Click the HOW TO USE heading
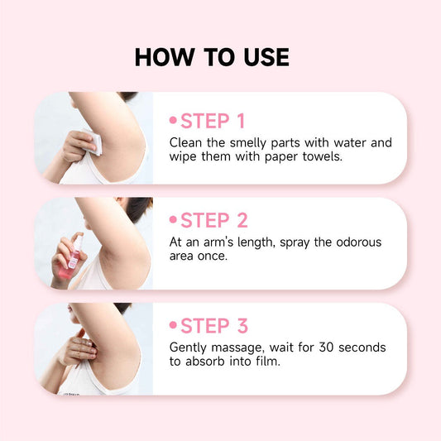click(x=212, y=57)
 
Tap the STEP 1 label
click(x=213, y=121)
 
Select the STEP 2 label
click(x=213, y=220)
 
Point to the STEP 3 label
click(x=213, y=325)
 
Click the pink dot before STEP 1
click(x=174, y=122)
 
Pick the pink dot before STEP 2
click(x=174, y=221)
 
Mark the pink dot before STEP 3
click(x=174, y=326)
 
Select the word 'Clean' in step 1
click(x=186, y=142)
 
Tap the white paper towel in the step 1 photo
click(x=93, y=145)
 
